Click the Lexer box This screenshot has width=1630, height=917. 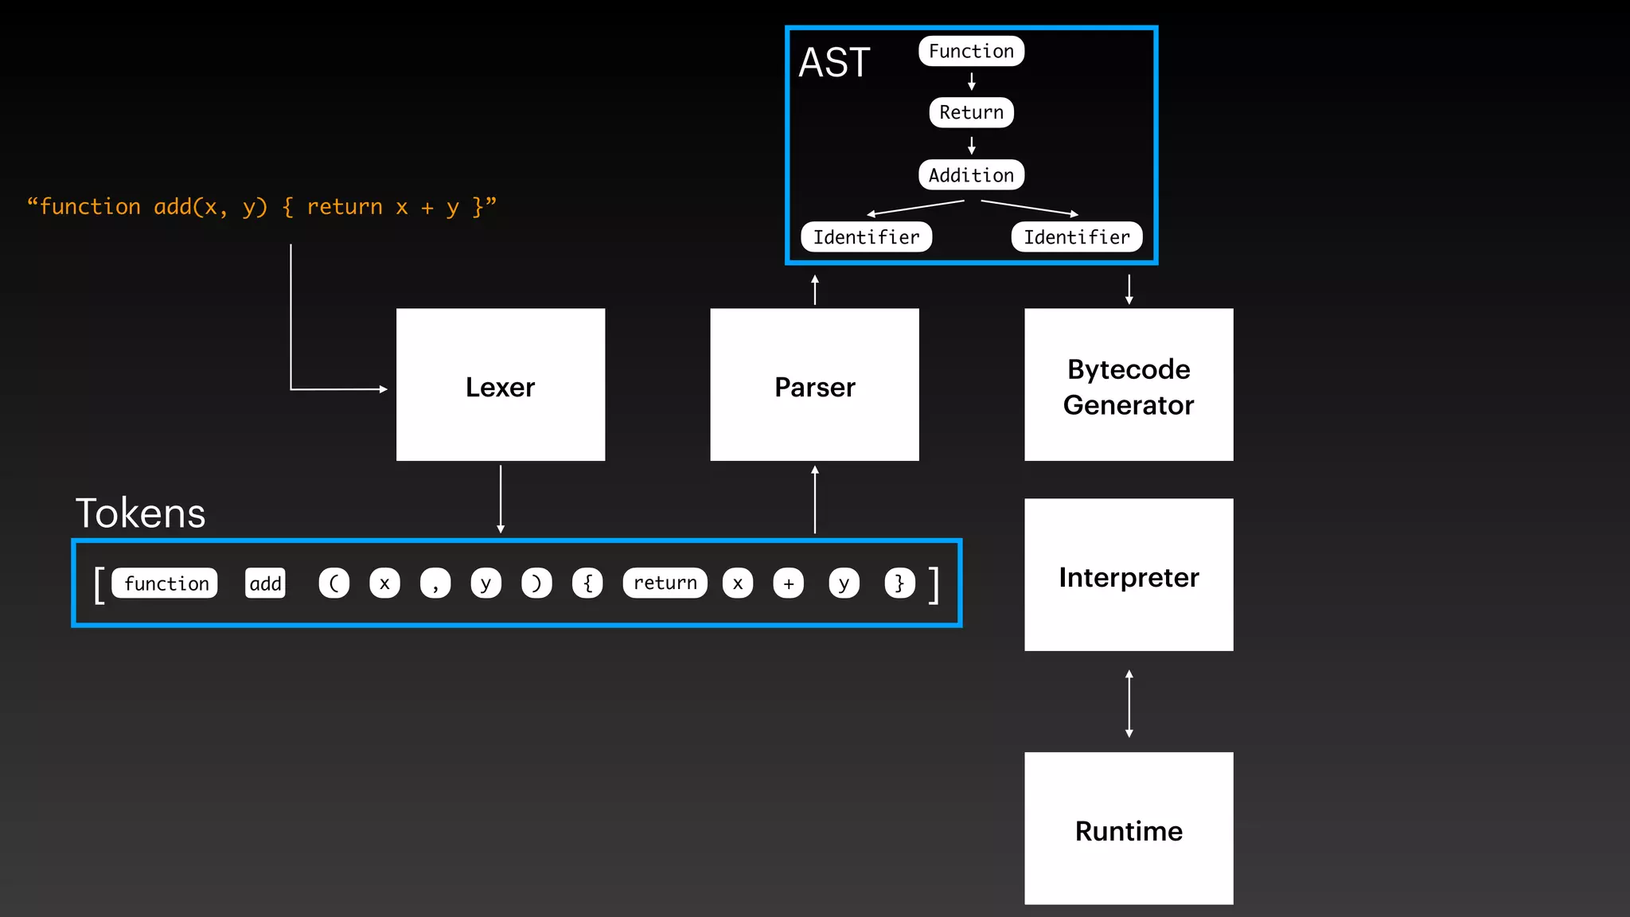pyautogui.click(x=501, y=385)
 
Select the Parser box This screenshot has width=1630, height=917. pyautogui.click(x=814, y=385)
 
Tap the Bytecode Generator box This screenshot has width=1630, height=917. pyautogui.click(x=1129, y=385)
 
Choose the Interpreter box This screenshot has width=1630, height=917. pyautogui.click(x=1129, y=576)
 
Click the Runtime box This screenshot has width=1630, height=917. pyautogui.click(x=1129, y=829)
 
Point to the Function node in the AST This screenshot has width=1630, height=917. pyautogui.click(x=971, y=51)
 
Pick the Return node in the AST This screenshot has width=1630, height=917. pyautogui.click(x=971, y=112)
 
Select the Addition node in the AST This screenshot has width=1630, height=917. pyautogui.click(x=971, y=175)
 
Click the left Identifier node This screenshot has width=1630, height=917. pyautogui.click(x=866, y=237)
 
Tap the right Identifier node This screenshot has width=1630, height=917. pyautogui.click(x=1076, y=237)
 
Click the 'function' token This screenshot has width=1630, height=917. pyautogui.click(x=166, y=583)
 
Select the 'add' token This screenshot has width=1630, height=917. pyautogui.click(x=265, y=583)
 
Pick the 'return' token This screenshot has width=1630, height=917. pyautogui.click(x=665, y=583)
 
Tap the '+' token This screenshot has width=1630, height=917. pyautogui.click(x=788, y=583)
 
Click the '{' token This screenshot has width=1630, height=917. pyautogui.click(x=587, y=583)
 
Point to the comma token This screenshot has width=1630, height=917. pyautogui.click(x=435, y=583)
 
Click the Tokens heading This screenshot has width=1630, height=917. pyautogui.click(x=140, y=513)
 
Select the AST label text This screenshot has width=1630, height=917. pyautogui.click(x=834, y=62)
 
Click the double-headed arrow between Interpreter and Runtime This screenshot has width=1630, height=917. pyautogui.click(x=1129, y=704)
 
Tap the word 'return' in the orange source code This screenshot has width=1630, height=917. pyautogui.click(x=345, y=207)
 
